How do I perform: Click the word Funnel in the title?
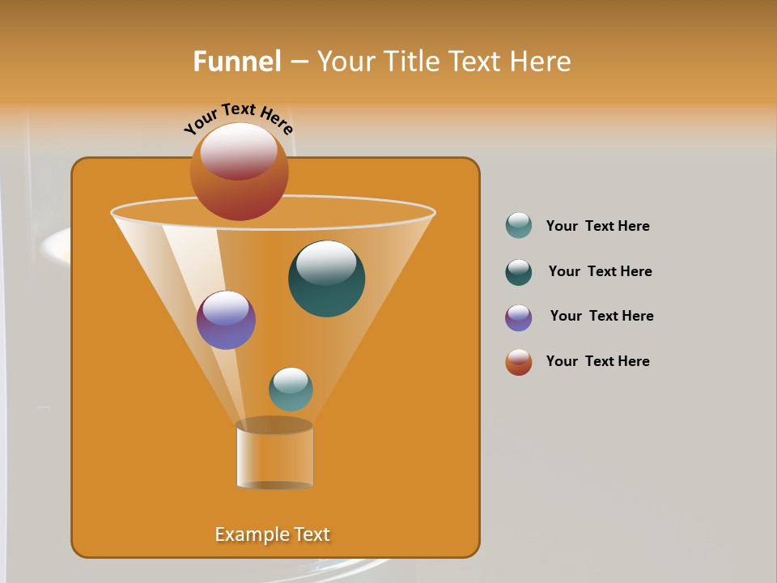[236, 62]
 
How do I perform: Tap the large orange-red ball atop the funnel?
[240, 172]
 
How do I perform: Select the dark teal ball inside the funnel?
[327, 279]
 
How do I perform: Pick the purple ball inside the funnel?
[226, 320]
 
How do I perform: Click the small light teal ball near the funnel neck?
[291, 389]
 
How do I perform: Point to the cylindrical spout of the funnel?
[274, 457]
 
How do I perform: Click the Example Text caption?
[273, 534]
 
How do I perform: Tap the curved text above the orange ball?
[239, 119]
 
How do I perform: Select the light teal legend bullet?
[519, 225]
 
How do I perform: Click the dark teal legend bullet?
[519, 272]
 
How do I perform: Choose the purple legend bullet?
[519, 317]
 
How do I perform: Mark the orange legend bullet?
[519, 362]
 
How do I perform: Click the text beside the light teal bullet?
[597, 226]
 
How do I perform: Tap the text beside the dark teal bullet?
[600, 271]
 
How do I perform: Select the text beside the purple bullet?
[601, 316]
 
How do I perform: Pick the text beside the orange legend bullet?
[597, 361]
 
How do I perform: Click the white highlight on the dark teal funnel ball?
[326, 262]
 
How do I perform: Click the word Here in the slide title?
[541, 62]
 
